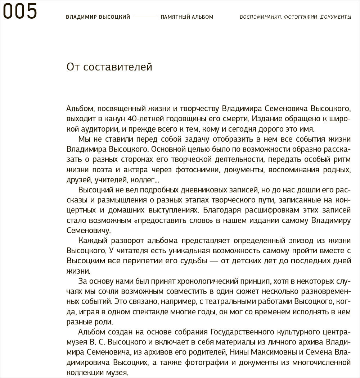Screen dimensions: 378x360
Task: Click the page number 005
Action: tap(20, 11)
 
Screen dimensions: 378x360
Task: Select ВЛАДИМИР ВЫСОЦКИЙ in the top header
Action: tap(98, 17)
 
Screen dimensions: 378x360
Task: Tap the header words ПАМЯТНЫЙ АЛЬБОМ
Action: tap(187, 17)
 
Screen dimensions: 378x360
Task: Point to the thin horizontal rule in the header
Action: tap(145, 17)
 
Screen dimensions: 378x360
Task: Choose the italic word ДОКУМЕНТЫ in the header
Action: tap(336, 17)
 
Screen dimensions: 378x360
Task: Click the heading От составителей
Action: tap(109, 67)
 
